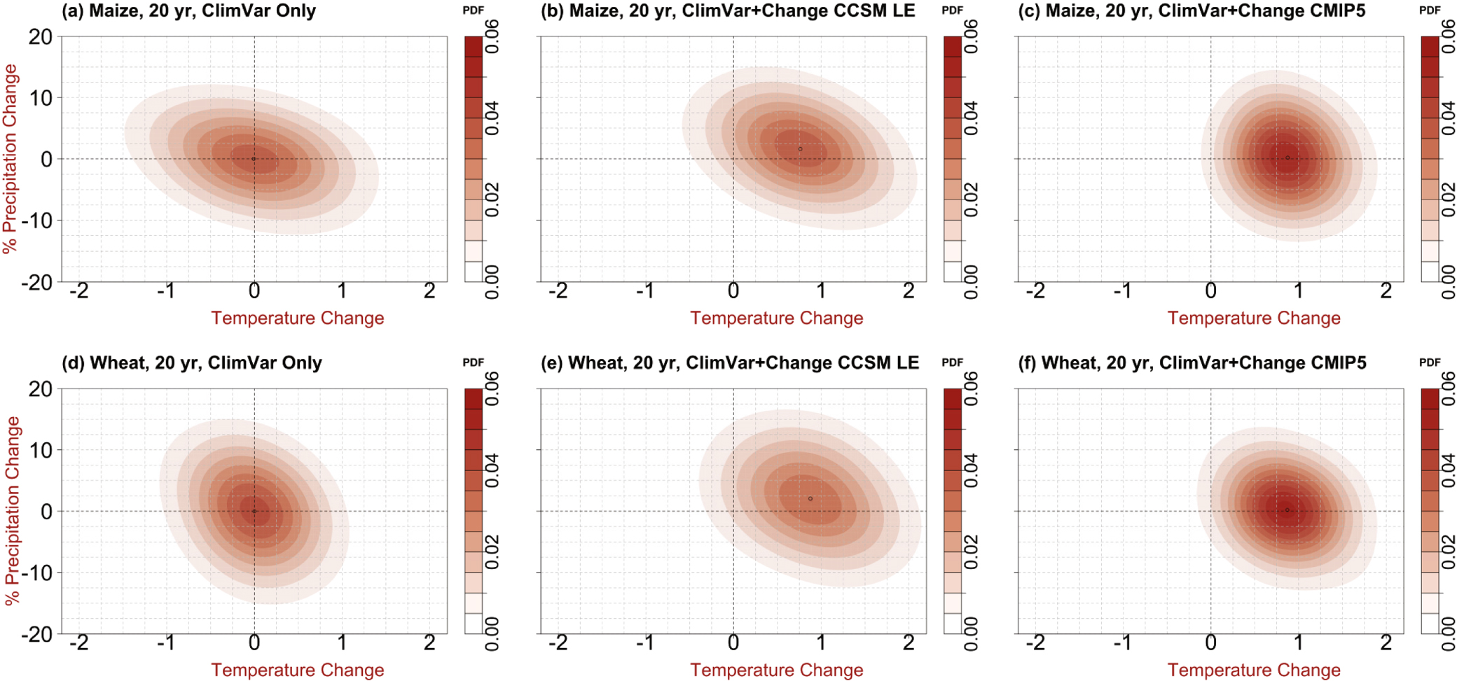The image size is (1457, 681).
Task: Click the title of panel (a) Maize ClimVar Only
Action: [188, 11]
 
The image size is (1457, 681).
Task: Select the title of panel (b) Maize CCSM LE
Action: [728, 11]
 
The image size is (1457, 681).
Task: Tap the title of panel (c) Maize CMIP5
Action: [1191, 11]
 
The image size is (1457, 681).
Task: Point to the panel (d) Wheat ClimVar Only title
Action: [192, 363]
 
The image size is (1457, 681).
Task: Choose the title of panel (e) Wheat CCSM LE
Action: [729, 363]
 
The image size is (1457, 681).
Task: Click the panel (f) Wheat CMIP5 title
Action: [1192, 363]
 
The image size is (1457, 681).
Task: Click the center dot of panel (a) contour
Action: [254, 159]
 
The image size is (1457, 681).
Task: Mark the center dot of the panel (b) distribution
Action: [800, 149]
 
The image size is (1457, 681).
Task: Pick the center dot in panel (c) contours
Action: [1287, 157]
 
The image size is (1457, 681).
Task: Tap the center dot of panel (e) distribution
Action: [810, 499]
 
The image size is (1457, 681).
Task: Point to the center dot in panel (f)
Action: [1287, 510]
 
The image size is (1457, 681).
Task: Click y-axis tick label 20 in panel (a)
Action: [41, 36]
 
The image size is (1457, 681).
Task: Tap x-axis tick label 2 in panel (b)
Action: [909, 291]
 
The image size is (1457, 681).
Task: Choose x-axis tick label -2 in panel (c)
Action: [1035, 291]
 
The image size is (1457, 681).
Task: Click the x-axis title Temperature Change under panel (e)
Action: [776, 671]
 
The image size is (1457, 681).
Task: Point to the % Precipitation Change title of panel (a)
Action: [10, 159]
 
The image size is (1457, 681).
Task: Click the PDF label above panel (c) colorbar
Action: [1430, 10]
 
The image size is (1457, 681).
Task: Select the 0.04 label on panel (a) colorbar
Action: [492, 118]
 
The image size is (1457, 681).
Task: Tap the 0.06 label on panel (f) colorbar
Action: [1448, 388]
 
